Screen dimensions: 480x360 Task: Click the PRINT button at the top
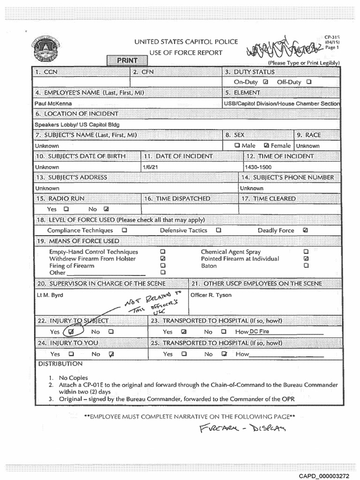127,60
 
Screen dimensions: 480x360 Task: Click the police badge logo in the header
45,50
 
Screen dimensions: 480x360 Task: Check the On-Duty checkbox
266,82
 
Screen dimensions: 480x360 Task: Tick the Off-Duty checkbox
308,82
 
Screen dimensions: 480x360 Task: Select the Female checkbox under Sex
267,145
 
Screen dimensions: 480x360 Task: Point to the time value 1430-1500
258,167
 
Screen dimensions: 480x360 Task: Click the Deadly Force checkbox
306,230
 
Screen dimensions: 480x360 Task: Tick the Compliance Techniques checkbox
124,230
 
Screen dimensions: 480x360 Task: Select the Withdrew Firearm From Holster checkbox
163,258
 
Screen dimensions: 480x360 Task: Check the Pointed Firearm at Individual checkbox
306,258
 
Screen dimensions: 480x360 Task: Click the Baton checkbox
306,265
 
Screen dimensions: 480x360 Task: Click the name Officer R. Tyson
211,295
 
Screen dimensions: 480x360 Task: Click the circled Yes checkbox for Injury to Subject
71,331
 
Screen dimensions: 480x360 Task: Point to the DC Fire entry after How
259,331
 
